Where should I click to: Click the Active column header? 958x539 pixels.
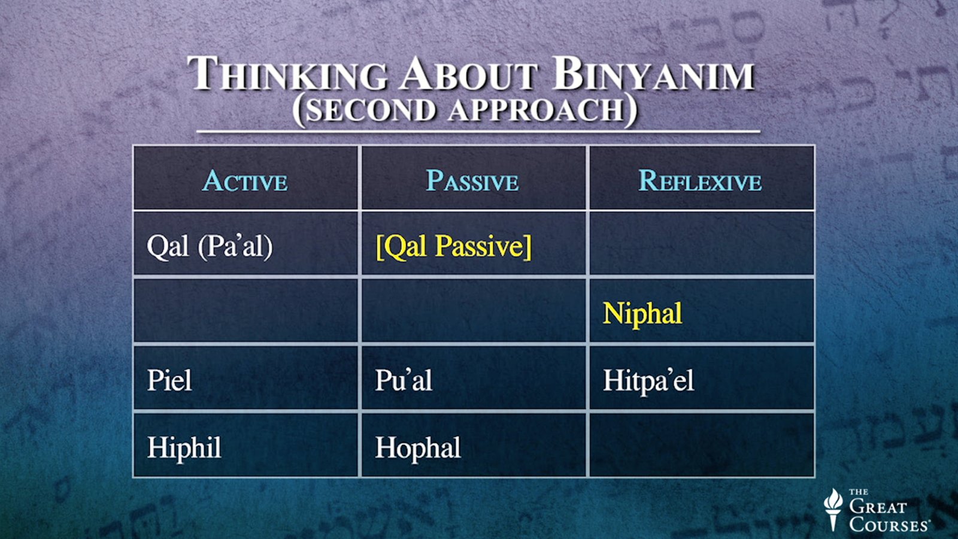tap(245, 181)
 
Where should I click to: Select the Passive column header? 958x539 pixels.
tap(472, 181)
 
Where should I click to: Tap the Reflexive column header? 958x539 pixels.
tap(700, 181)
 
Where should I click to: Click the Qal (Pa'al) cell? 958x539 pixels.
tap(210, 246)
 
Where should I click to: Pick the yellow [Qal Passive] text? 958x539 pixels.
tap(453, 246)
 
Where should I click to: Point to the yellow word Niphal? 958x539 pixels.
tap(642, 313)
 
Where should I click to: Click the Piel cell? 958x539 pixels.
tap(169, 380)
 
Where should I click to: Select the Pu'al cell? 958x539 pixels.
tap(403, 380)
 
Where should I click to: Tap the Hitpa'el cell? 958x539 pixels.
tap(648, 380)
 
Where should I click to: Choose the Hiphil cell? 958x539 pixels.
tap(184, 447)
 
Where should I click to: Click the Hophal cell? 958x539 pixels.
tap(418, 447)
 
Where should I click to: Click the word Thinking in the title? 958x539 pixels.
tap(288, 75)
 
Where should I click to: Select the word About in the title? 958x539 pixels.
tap(469, 75)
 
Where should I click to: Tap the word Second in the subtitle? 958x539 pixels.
tap(370, 110)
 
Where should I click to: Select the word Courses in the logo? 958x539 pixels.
tap(889, 525)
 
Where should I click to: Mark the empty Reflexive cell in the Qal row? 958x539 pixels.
tap(701, 244)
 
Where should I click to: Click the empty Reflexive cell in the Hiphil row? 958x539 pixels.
tap(701, 445)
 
